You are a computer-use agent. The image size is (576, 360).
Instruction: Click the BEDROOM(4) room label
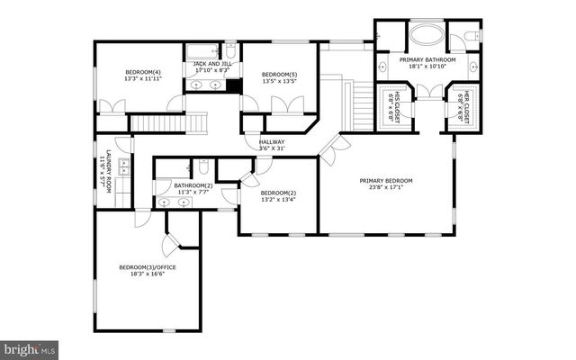(x=143, y=72)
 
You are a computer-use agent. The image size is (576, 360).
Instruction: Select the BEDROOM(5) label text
(x=279, y=74)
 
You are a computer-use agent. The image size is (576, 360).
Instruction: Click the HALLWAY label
(x=272, y=141)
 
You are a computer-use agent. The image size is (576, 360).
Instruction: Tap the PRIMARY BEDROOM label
(x=388, y=180)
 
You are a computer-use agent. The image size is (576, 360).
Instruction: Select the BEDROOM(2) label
(x=278, y=193)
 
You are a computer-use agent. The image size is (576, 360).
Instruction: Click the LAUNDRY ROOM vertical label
(x=108, y=171)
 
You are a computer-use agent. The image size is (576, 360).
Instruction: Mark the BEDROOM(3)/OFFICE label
(x=147, y=266)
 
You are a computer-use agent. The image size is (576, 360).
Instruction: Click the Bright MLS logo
(x=30, y=347)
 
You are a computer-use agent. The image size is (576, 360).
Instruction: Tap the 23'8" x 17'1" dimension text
(x=388, y=187)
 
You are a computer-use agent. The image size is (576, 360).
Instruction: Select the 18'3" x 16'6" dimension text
(x=147, y=274)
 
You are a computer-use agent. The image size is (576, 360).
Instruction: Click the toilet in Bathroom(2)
(x=205, y=166)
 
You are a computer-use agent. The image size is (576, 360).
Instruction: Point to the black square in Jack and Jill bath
(x=234, y=86)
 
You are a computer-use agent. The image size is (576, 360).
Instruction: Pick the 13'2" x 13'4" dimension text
(x=278, y=200)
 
